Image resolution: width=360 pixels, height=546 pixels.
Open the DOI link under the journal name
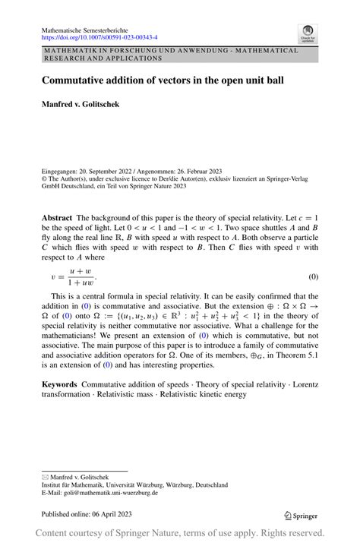coord(99,36)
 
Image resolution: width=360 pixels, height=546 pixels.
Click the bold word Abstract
coord(58,217)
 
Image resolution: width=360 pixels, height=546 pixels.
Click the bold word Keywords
coord(59,386)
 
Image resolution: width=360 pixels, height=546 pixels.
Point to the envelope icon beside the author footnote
coord(45,476)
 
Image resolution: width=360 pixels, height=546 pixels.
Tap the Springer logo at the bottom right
coord(302,515)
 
